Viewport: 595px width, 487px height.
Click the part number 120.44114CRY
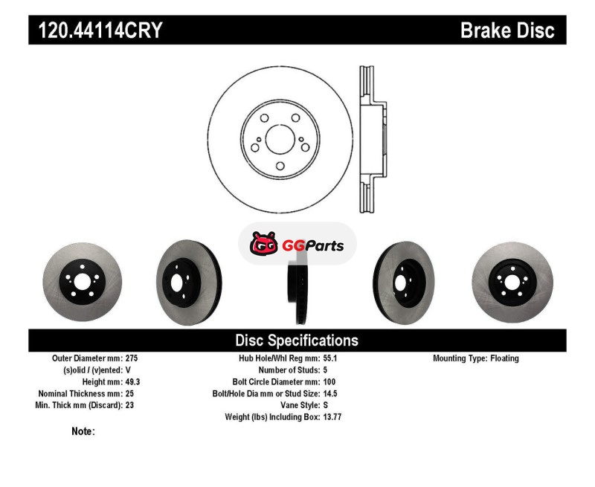100,30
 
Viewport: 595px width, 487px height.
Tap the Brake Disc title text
507,30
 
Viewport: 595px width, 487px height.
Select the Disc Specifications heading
297,341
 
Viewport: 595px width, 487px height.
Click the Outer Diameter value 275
132,358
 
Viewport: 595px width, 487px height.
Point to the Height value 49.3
133,381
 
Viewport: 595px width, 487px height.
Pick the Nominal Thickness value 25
129,393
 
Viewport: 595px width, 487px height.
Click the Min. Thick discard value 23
129,405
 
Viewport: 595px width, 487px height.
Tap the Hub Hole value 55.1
330,358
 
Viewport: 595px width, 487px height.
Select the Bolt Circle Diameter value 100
329,381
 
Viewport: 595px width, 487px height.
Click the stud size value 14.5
330,393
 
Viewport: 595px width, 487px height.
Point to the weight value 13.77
332,417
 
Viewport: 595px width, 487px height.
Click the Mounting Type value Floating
504,358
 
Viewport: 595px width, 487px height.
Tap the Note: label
83,431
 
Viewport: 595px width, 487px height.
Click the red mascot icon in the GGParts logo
264,243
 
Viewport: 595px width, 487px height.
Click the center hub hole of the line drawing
280,139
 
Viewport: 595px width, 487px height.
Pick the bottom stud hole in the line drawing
280,166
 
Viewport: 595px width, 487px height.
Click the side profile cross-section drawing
373,139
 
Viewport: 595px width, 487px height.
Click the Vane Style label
300,405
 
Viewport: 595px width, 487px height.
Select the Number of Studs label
289,370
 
